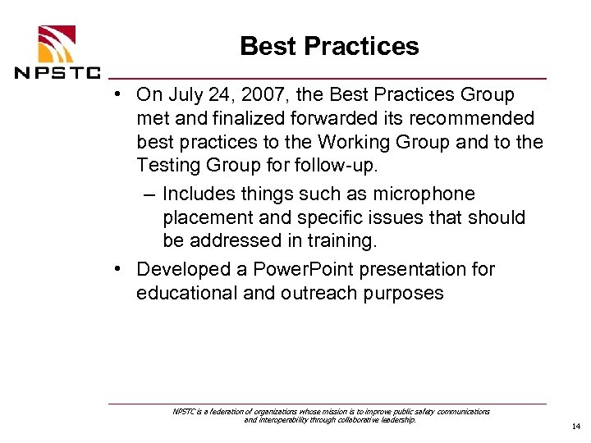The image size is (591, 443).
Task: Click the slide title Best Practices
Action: click(329, 46)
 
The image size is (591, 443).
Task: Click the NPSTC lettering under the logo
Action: click(56, 71)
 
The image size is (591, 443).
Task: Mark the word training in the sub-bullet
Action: click(342, 241)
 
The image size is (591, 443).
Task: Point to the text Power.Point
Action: click(291, 269)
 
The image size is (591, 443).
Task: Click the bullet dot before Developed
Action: click(120, 268)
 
